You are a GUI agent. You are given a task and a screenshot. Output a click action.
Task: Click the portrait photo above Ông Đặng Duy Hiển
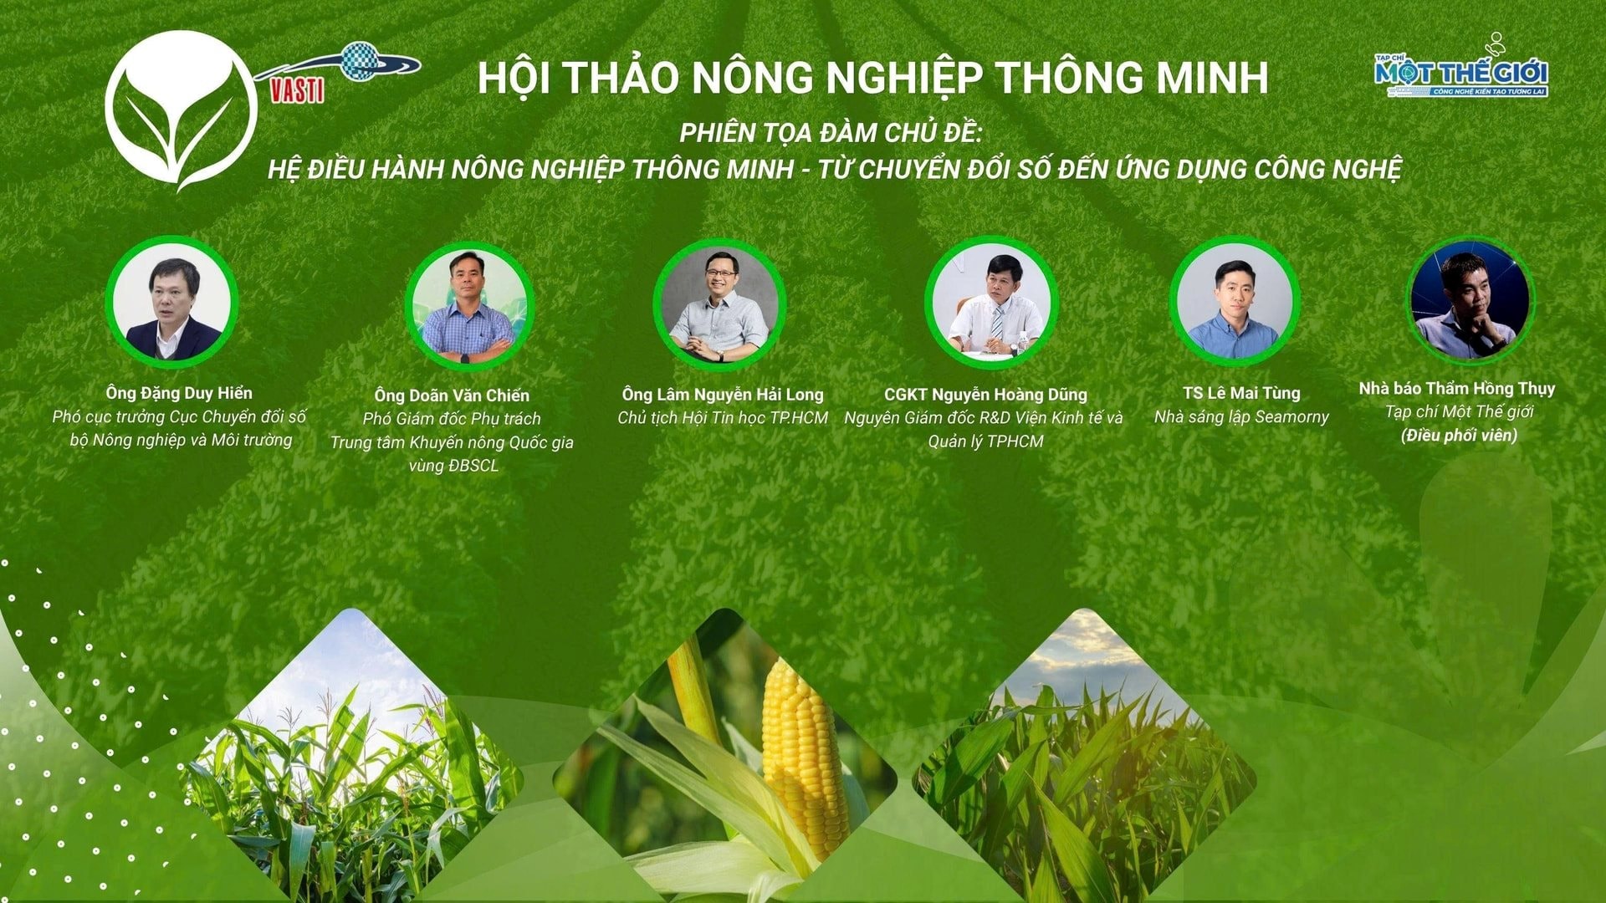(x=171, y=302)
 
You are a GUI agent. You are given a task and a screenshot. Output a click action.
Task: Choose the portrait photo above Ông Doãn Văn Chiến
(x=468, y=307)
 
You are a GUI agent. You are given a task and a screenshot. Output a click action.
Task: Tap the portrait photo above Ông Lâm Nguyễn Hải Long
(x=719, y=305)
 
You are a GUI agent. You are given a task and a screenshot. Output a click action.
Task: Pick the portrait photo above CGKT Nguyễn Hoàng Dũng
(x=991, y=303)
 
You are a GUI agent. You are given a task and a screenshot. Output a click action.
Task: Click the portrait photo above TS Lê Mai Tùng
(x=1234, y=301)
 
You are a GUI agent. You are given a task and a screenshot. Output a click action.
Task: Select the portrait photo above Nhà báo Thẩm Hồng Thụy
(x=1470, y=299)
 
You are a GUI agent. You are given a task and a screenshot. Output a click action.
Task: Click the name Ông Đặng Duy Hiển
(x=179, y=393)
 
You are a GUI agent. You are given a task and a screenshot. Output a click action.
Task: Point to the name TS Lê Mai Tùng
(x=1241, y=393)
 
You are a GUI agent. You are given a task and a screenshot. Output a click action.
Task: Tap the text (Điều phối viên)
(x=1459, y=435)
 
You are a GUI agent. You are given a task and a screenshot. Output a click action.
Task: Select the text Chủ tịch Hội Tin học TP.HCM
(x=723, y=418)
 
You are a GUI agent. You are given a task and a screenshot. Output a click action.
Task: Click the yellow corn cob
(x=801, y=757)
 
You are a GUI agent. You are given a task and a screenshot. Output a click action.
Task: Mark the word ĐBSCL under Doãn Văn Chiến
(x=473, y=466)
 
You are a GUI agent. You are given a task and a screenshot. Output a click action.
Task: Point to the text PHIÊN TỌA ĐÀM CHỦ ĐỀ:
(x=831, y=132)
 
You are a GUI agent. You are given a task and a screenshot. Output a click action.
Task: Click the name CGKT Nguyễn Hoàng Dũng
(x=985, y=395)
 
